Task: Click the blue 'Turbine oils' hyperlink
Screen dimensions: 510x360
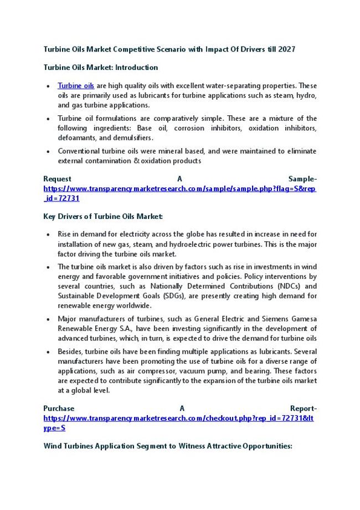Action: (76, 86)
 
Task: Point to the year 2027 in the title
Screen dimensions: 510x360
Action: (286, 49)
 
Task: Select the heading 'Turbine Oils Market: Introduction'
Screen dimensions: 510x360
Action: (100, 68)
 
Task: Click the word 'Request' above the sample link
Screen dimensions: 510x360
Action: (57, 179)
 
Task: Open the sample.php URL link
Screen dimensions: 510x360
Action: (179, 188)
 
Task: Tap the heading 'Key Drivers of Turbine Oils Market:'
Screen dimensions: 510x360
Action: (102, 216)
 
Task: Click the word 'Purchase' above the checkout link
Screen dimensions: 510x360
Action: (59, 409)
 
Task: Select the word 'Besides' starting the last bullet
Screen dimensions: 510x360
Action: (70, 351)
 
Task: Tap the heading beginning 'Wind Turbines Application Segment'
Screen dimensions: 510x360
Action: (167, 446)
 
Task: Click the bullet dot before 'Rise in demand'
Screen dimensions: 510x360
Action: (50, 234)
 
